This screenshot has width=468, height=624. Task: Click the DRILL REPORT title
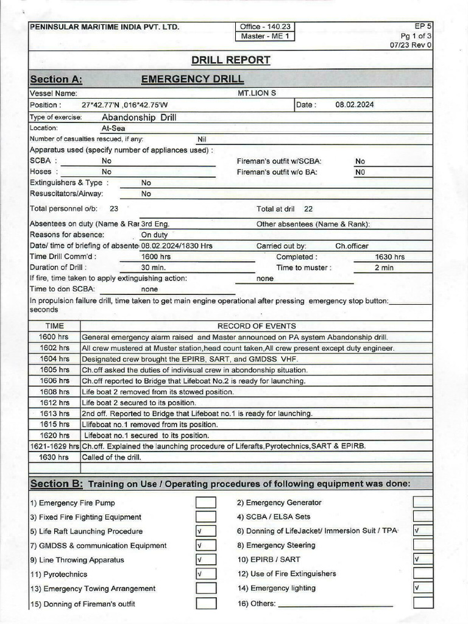click(x=230, y=60)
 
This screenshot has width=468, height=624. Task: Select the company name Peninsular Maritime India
click(x=104, y=27)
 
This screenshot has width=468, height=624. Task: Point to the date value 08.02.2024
click(x=355, y=105)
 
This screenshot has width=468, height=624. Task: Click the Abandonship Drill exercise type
click(x=139, y=117)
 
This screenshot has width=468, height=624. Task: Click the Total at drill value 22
click(x=308, y=209)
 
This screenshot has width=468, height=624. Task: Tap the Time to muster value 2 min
click(x=384, y=268)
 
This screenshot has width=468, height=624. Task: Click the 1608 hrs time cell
click(x=54, y=392)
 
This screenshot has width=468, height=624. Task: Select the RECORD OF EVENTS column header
click(x=257, y=326)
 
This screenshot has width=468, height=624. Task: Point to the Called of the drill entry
click(x=112, y=457)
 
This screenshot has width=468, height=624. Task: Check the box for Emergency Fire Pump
click(x=205, y=503)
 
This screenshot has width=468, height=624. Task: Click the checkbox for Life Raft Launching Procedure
click(x=205, y=531)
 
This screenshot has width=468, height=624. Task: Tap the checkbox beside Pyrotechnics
click(x=205, y=574)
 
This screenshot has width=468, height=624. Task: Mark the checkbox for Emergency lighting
click(x=422, y=588)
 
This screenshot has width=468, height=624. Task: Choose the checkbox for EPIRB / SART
click(x=422, y=559)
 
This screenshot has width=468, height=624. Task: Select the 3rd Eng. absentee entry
click(x=155, y=224)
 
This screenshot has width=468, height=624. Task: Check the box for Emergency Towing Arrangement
click(x=205, y=589)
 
